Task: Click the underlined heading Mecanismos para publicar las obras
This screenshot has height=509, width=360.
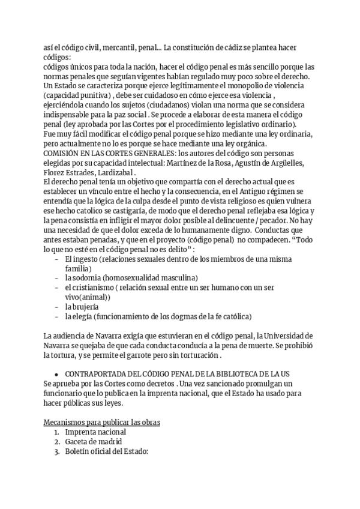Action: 102,422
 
